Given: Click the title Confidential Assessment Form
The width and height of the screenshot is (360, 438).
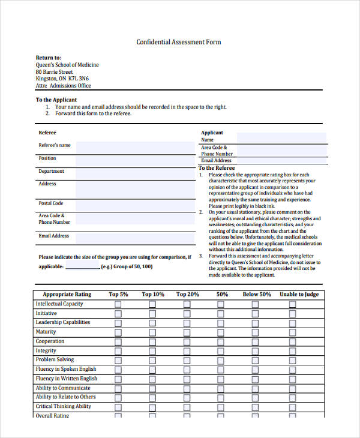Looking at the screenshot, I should [x=179, y=42].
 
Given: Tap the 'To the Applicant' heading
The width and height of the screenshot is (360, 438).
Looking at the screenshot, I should [x=56, y=100].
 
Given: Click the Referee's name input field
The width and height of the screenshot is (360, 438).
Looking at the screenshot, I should [x=135, y=148].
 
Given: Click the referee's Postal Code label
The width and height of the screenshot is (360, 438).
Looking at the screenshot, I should [x=51, y=203].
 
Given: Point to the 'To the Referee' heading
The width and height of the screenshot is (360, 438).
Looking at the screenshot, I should [x=217, y=168].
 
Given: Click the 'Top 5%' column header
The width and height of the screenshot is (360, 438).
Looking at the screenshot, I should [x=118, y=295].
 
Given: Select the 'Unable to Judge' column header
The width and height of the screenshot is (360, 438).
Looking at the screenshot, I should [x=299, y=295].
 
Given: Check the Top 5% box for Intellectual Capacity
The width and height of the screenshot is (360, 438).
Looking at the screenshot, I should [x=118, y=304].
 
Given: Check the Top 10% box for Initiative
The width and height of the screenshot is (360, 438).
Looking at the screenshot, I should [x=152, y=314].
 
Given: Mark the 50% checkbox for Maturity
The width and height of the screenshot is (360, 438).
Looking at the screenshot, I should [x=222, y=332].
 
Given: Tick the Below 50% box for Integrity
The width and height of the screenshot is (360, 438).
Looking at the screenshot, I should [x=256, y=351].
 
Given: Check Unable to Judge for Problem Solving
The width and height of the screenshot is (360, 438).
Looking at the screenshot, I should [x=293, y=360].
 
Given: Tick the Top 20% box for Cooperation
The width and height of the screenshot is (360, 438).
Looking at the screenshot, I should [x=187, y=341].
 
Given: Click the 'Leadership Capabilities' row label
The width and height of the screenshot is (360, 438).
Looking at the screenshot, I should [x=63, y=322].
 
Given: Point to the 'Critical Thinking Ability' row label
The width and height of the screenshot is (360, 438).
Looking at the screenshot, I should [x=64, y=406].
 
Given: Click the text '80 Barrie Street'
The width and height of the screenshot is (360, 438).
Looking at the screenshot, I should [x=55, y=72].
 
